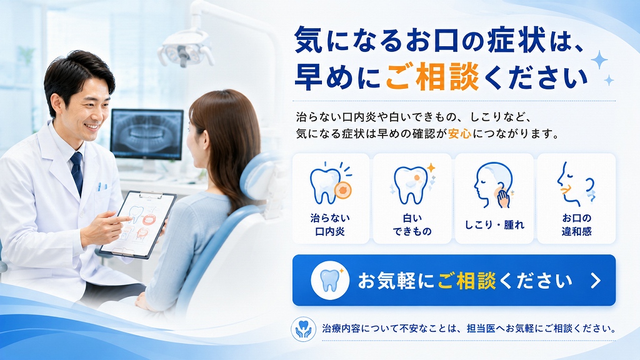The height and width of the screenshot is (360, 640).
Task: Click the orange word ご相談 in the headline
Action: (x=432, y=77)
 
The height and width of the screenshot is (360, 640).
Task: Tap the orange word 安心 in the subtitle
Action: (x=459, y=134)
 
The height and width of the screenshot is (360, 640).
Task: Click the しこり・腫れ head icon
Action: (x=493, y=185)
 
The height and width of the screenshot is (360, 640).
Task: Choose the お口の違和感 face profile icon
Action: (x=576, y=184)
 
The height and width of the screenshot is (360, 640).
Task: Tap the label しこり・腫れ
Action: (x=494, y=225)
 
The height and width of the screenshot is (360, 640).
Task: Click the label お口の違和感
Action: (x=576, y=224)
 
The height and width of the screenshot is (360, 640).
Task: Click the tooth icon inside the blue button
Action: (x=330, y=281)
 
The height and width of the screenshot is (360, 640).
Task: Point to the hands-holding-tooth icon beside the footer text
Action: (x=303, y=329)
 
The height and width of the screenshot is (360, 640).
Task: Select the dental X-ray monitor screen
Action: (x=147, y=134)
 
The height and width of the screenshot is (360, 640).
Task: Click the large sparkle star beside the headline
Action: (x=599, y=61)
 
